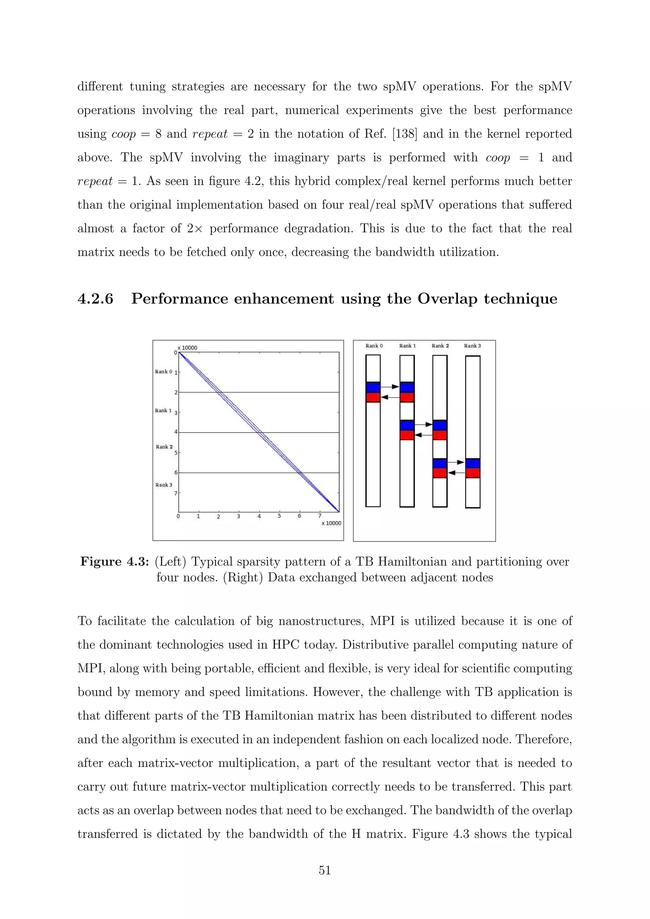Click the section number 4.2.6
95,299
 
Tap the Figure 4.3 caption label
115,562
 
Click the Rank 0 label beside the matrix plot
163,372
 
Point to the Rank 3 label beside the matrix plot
164,485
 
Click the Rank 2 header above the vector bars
440,346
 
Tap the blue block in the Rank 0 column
373,387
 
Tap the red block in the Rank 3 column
473,473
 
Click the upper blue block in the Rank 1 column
407,387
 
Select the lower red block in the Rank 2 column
440,473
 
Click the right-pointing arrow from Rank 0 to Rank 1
390,387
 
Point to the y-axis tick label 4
176,432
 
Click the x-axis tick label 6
299,516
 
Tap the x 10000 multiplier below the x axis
331,524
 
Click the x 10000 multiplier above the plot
187,348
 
